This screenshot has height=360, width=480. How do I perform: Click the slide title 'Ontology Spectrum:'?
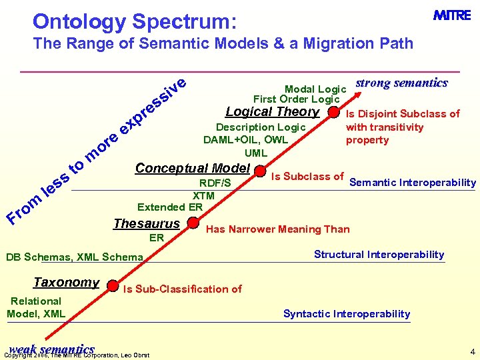(x=134, y=21)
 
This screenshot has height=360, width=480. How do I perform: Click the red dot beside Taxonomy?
(x=112, y=285)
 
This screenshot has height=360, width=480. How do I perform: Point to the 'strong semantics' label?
(x=401, y=83)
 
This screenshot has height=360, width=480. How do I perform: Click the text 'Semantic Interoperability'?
(x=413, y=183)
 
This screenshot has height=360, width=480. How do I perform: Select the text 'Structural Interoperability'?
(x=379, y=255)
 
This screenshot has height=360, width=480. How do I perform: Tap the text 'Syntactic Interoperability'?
(x=347, y=314)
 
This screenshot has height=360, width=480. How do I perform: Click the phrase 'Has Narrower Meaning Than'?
(x=277, y=229)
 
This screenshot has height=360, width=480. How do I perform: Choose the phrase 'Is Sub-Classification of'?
(x=182, y=289)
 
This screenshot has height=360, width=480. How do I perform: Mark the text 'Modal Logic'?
(x=315, y=89)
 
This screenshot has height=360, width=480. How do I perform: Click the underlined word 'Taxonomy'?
(x=66, y=282)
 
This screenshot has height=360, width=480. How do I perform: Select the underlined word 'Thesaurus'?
(x=147, y=223)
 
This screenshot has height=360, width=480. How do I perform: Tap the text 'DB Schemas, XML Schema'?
(x=74, y=257)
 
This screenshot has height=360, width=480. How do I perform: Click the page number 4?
(x=472, y=351)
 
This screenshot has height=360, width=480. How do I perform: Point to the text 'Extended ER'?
(x=169, y=207)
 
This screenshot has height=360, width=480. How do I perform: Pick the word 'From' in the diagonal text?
(x=22, y=206)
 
